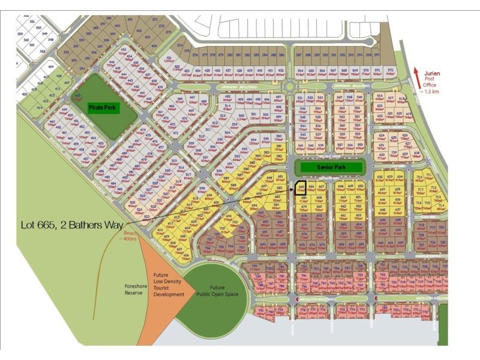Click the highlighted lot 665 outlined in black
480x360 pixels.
pos(302,188)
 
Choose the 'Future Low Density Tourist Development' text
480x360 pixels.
pos(168,284)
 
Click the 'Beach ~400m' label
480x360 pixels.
pos(129,236)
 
